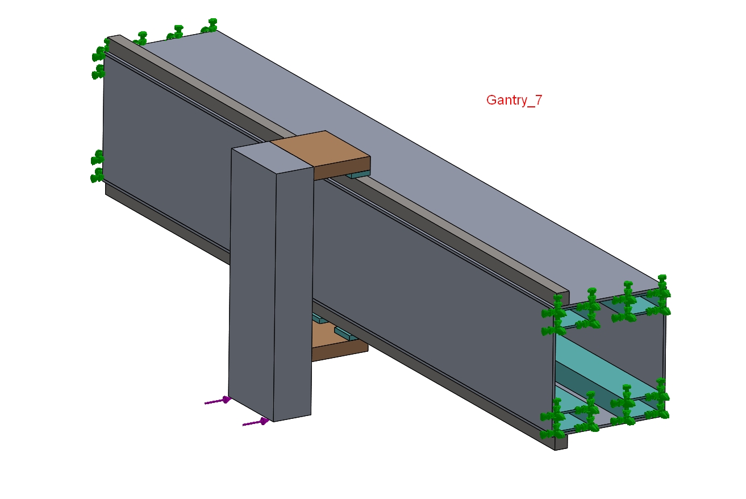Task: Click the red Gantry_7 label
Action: point(514,100)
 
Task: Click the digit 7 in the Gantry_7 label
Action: point(539,99)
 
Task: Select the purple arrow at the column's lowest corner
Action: point(256,422)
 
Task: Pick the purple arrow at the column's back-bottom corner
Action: point(218,401)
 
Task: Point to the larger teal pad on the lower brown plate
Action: point(347,334)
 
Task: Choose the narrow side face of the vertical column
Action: point(293,295)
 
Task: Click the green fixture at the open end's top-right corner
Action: point(660,295)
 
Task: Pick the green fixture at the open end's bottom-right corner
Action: point(658,398)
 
